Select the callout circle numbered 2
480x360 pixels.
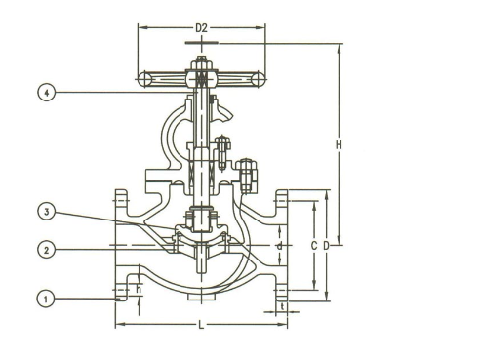point(44,249)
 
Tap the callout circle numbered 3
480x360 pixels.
point(44,211)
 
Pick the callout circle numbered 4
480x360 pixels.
point(44,93)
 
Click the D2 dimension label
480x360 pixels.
point(203,28)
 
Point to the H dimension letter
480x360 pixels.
point(340,145)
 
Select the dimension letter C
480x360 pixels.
point(313,246)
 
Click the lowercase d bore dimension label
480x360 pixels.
point(279,246)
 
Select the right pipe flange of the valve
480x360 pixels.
point(282,244)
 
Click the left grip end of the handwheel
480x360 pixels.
point(143,78)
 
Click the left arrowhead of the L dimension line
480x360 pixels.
point(119,324)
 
